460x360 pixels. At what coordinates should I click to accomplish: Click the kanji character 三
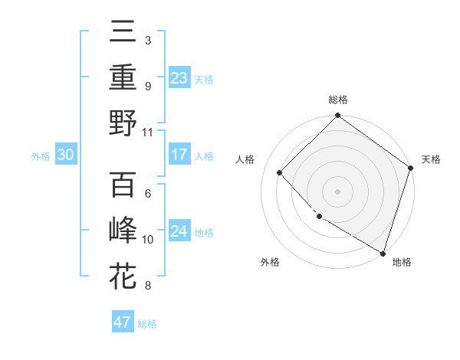(123, 31)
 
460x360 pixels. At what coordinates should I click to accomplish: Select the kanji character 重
(123, 77)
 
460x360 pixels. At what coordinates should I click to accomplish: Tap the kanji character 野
(123, 123)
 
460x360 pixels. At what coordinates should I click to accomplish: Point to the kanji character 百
(123, 185)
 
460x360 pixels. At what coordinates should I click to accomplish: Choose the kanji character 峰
(123, 230)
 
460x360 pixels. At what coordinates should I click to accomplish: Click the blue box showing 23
(179, 77)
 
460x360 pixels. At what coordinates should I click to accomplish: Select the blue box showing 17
(179, 155)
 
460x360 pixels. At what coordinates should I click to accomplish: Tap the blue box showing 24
(179, 231)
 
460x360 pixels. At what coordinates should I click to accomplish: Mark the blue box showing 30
(65, 155)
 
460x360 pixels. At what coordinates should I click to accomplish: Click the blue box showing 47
(123, 322)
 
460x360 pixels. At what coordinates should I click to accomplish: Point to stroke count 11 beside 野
(148, 132)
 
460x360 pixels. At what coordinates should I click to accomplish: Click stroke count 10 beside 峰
(148, 239)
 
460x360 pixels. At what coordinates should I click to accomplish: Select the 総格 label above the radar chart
(338, 100)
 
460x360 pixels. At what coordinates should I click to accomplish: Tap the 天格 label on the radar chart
(431, 159)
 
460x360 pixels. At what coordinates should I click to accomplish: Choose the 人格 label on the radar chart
(245, 159)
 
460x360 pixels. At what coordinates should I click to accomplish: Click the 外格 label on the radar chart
(270, 262)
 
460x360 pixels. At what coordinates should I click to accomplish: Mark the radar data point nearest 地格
(382, 252)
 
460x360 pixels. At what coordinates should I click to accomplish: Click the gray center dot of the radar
(338, 191)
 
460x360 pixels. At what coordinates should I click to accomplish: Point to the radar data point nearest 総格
(338, 116)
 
